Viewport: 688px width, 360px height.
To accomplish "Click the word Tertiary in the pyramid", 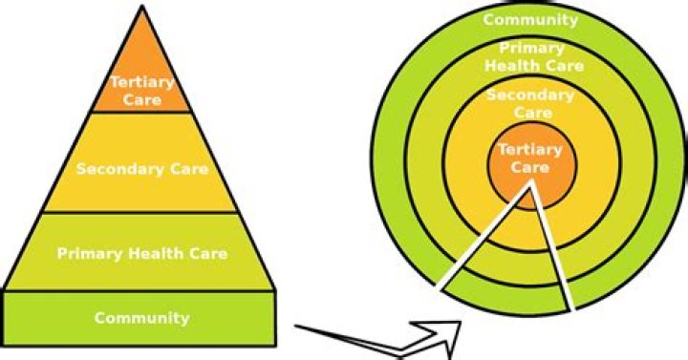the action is (x=141, y=82).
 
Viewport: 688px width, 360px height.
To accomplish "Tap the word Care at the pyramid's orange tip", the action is (x=141, y=98).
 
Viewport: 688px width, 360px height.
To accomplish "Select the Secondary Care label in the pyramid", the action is (x=141, y=171).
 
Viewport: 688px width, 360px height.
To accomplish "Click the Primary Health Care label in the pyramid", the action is (x=141, y=254).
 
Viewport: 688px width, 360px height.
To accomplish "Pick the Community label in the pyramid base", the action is (x=141, y=318).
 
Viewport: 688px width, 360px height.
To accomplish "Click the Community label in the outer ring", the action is (x=530, y=19).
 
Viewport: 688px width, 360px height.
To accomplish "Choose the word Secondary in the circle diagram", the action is (x=530, y=96).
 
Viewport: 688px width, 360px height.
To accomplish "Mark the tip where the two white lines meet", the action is (x=528, y=187).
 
